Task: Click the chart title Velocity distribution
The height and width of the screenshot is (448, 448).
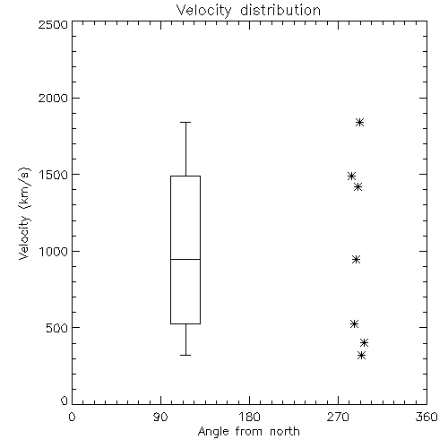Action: coord(248,10)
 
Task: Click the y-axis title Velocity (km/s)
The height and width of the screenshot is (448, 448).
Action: coord(24,213)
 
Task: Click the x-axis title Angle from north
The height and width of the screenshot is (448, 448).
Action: coord(248,432)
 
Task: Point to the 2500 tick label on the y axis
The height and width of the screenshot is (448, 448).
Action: coord(53,24)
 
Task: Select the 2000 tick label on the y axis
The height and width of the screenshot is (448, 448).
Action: coord(53,98)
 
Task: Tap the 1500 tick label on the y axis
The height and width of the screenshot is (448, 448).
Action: coord(54,175)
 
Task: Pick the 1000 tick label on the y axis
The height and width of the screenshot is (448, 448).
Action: coord(54,252)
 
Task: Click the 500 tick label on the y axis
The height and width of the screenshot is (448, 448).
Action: coord(57,328)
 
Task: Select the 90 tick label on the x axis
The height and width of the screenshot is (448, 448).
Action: coord(160,417)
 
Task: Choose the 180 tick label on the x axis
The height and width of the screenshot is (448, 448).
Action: coord(249,417)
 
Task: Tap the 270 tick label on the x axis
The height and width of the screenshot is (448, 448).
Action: coord(338,417)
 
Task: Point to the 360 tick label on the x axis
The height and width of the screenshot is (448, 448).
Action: coord(426,417)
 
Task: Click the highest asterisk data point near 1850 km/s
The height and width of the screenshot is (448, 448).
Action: coord(360,122)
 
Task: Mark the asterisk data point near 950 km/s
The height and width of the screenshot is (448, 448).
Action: coord(356,259)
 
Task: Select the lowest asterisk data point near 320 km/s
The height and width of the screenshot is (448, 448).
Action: coord(362,356)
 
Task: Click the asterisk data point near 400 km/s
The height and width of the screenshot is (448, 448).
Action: coord(364,342)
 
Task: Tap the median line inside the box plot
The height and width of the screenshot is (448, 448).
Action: coord(185,259)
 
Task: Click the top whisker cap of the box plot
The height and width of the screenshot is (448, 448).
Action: coord(185,122)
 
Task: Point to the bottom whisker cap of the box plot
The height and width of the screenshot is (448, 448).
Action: coord(185,355)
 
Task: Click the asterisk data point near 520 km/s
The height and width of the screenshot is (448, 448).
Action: coord(354,323)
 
